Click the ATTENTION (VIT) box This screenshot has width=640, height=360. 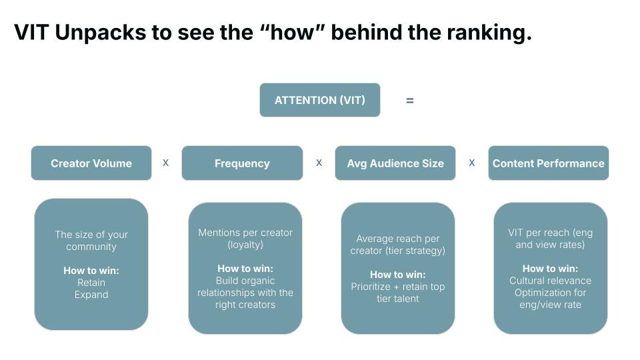[x=320, y=100]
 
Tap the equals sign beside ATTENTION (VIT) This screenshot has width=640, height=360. [x=409, y=101]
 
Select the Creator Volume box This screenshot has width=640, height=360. [x=91, y=163]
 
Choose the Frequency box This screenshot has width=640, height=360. [x=242, y=163]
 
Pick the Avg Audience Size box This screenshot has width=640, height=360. [x=395, y=163]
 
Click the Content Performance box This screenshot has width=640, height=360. [x=548, y=163]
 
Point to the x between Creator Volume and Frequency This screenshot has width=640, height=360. [x=166, y=163]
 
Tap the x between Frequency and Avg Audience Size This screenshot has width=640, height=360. [x=319, y=163]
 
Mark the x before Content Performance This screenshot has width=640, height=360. [x=472, y=163]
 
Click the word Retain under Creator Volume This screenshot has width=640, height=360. [x=91, y=283]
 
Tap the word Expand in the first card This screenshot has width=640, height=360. [x=91, y=295]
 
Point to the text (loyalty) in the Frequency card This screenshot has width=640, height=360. [x=245, y=245]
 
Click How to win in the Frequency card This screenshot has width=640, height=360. [x=245, y=269]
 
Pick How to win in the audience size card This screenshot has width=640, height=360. [x=398, y=275]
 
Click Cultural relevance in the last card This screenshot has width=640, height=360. [x=551, y=281]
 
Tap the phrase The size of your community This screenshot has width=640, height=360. [x=91, y=241]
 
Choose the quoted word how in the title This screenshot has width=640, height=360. [x=292, y=33]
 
